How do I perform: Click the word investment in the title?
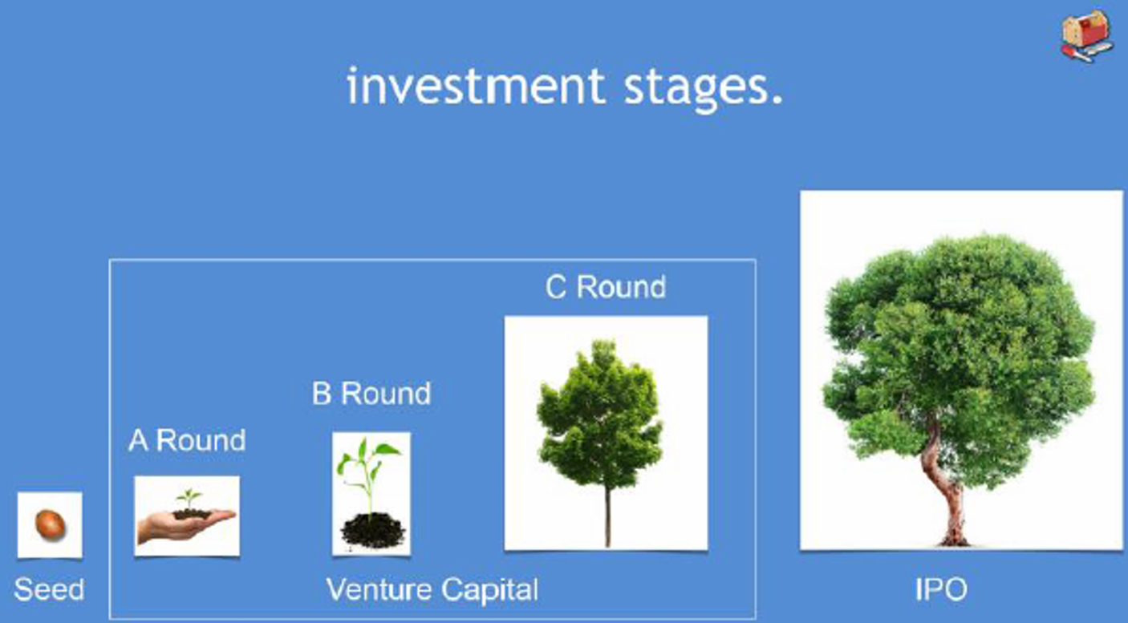pos(476,86)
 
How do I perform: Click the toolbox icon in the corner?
pos(1087,36)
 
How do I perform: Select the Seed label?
pos(49,589)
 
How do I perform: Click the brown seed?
pos(50,524)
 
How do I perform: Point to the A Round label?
pos(187,440)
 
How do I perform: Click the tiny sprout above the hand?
pos(189,498)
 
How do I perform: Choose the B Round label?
pos(371,393)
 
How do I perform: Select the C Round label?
pos(606,287)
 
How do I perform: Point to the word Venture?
pos(379,589)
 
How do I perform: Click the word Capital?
pos(490,591)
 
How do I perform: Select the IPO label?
pos(941,589)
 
